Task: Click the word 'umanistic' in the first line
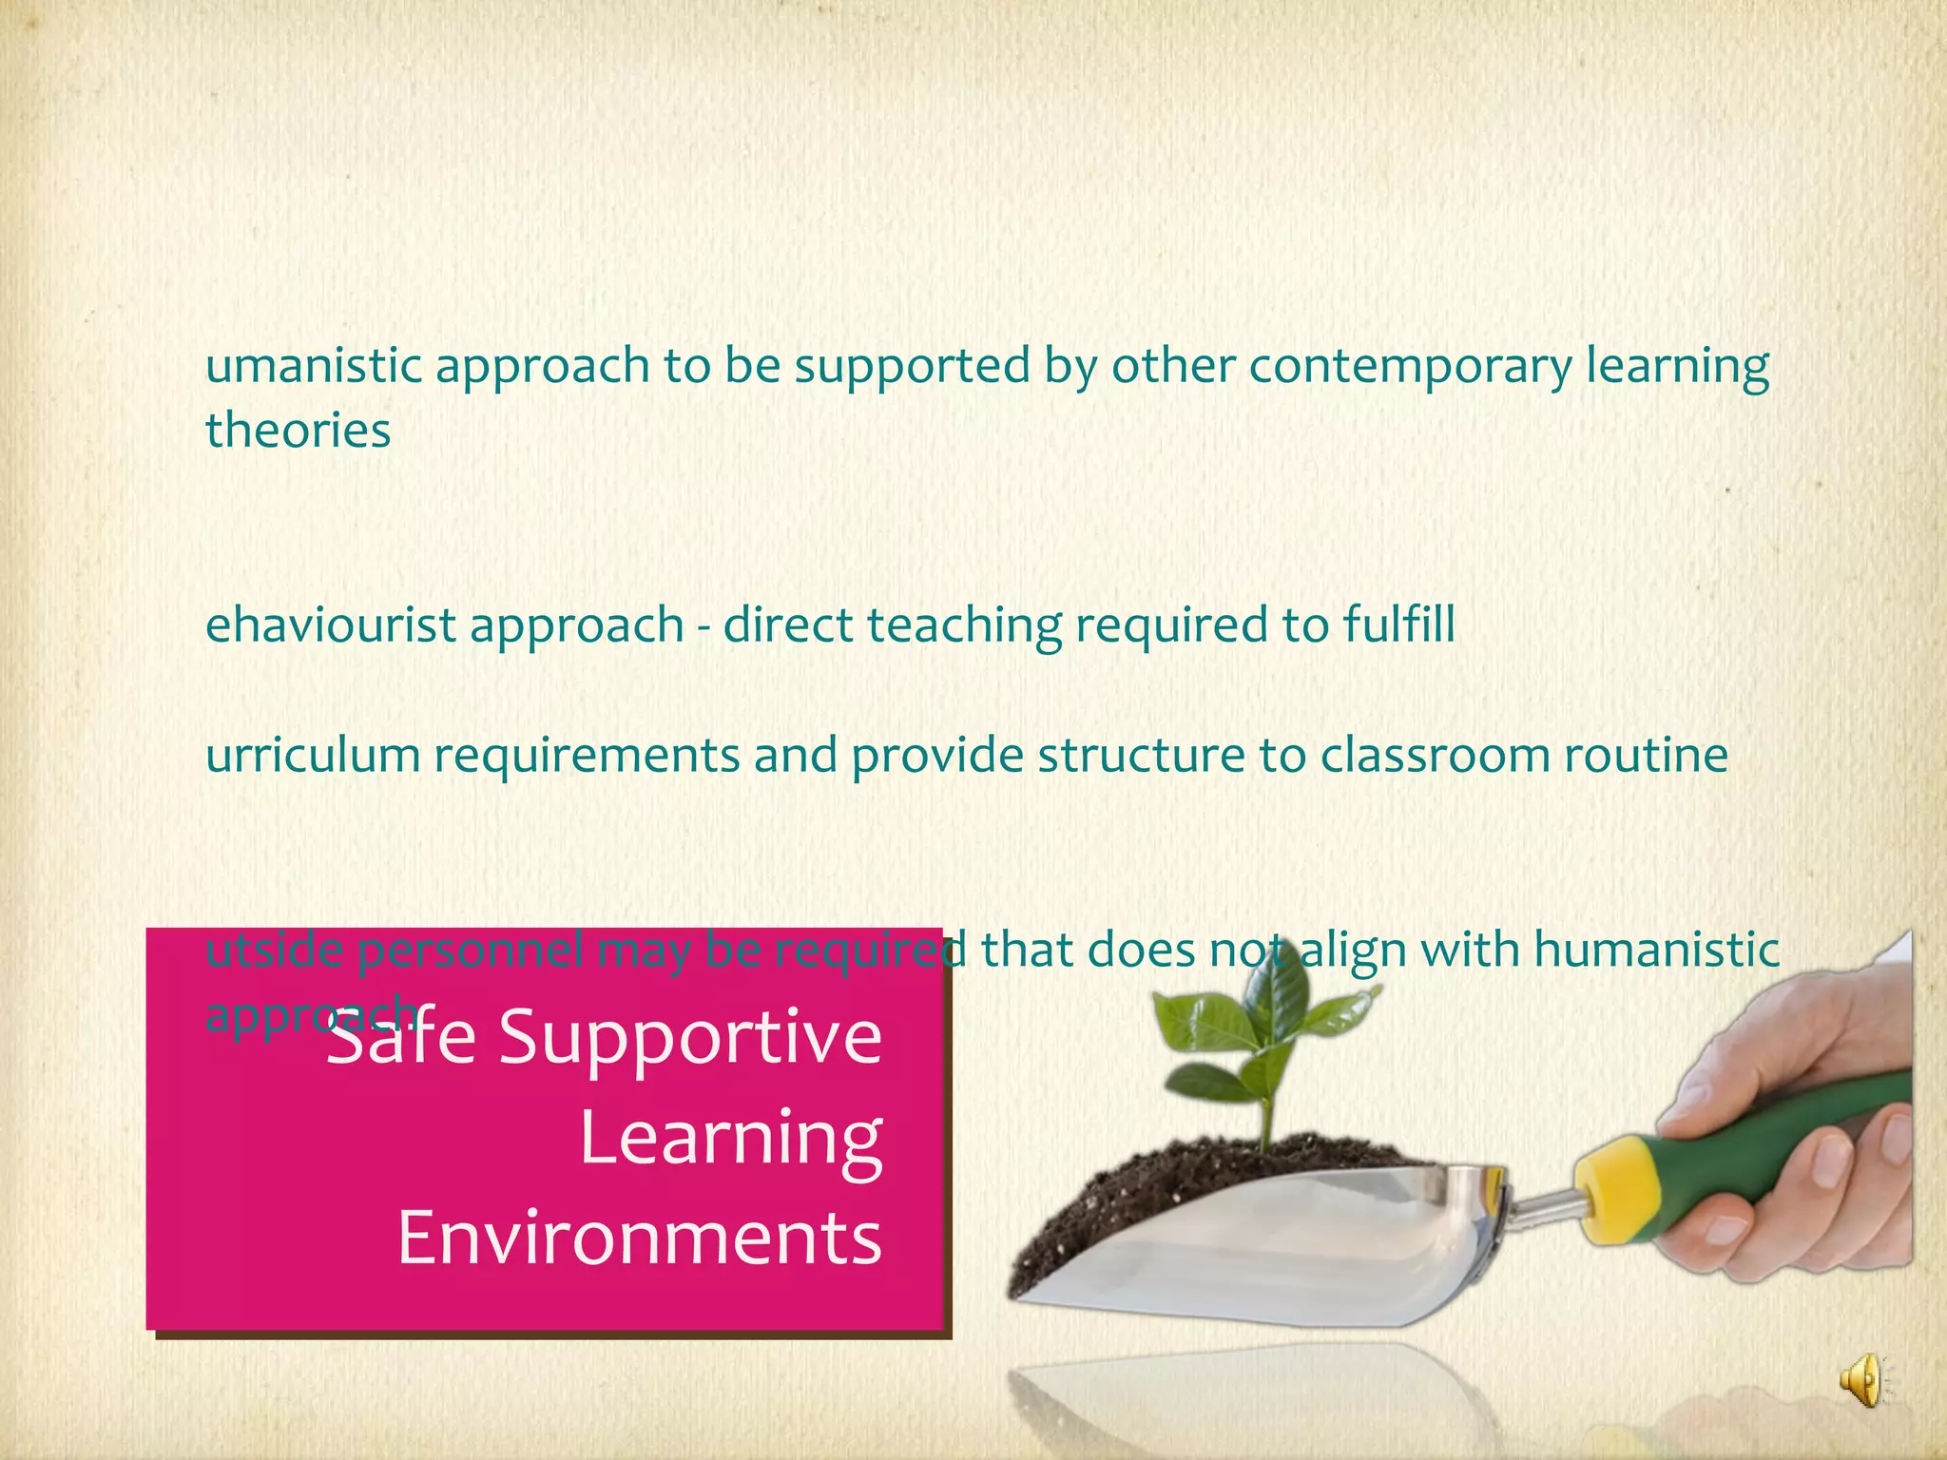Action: (x=314, y=366)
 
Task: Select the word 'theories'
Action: (x=298, y=430)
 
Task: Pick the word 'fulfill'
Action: (x=1399, y=625)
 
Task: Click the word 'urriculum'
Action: (x=313, y=756)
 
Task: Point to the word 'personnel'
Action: (x=470, y=951)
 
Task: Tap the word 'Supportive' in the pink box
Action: (x=691, y=1036)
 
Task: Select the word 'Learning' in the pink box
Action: (x=731, y=1139)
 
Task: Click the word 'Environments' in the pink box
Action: (x=640, y=1239)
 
